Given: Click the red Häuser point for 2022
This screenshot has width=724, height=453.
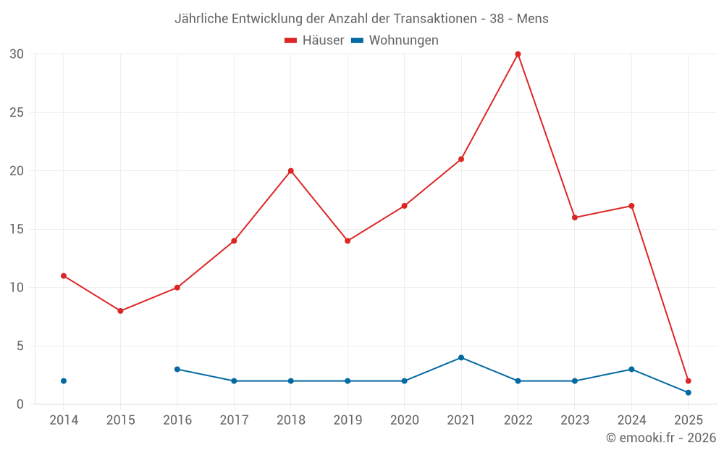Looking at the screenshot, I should click(x=518, y=54).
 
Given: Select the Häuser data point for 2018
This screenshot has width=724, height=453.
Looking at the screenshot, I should click(x=290, y=171).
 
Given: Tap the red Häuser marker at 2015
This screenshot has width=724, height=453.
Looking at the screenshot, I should click(x=120, y=311).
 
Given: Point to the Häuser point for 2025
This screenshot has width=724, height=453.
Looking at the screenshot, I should click(x=688, y=381).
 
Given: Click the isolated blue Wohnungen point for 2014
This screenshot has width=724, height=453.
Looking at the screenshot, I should click(x=64, y=381).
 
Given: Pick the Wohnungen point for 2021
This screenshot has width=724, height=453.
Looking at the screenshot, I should click(x=461, y=357).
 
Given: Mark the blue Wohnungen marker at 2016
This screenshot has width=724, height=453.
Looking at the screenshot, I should click(x=177, y=369).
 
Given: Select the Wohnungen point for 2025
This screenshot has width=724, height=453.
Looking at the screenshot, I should click(x=688, y=393).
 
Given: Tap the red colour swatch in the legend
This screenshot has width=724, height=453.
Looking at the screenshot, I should click(x=291, y=41).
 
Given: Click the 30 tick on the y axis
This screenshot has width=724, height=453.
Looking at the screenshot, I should click(x=17, y=54).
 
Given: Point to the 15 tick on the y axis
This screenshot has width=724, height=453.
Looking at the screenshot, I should click(x=17, y=229).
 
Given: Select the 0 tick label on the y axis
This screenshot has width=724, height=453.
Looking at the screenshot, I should click(x=20, y=404).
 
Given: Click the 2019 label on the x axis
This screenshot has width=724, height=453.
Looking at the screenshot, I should click(x=348, y=420).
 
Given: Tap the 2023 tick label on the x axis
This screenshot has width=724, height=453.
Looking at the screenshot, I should click(x=575, y=420).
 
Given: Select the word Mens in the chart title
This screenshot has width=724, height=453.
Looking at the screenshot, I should click(x=532, y=18).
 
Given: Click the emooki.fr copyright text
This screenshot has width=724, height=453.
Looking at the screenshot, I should click(x=661, y=438).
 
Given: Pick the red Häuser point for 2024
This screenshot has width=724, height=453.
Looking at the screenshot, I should click(x=631, y=206).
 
